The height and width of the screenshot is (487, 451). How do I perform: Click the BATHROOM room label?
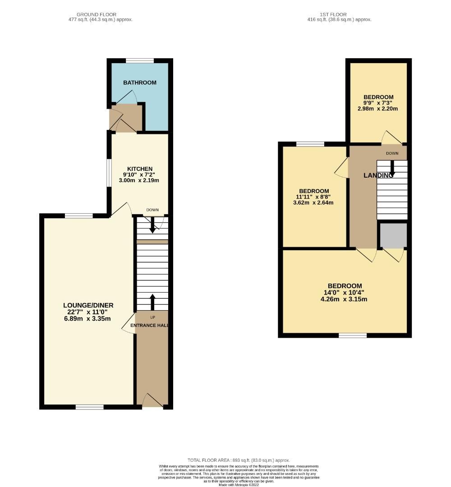click(140, 83)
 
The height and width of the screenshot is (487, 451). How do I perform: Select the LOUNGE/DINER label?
click(88, 305)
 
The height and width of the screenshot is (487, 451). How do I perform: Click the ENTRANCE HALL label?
click(150, 325)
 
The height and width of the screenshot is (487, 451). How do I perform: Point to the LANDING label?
click(378, 175)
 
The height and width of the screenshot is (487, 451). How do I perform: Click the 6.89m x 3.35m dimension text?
click(88, 319)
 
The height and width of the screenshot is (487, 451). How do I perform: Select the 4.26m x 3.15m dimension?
click(345, 299)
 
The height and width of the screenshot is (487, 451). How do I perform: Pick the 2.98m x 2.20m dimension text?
click(378, 108)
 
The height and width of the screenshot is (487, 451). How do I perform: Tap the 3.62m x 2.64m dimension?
click(313, 202)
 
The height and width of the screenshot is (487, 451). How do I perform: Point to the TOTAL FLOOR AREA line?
click(239, 460)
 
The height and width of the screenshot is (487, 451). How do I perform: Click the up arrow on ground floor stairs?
click(152, 301)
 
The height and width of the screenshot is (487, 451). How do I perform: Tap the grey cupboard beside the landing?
click(393, 235)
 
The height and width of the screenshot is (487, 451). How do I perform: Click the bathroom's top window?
click(139, 60)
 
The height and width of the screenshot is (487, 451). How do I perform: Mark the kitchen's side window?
click(109, 172)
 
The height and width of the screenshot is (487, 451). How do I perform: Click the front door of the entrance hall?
click(152, 400)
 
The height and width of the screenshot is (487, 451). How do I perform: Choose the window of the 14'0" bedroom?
click(353, 335)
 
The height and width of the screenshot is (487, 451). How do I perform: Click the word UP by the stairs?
click(152, 317)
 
